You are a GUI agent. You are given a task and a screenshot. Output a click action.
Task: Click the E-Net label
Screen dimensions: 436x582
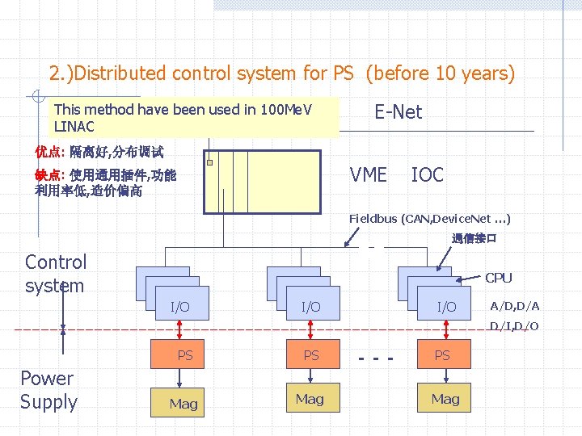click(398, 112)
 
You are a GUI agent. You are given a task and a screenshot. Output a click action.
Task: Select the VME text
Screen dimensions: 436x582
click(368, 174)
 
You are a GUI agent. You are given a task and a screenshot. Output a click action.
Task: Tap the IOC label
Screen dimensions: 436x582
click(427, 174)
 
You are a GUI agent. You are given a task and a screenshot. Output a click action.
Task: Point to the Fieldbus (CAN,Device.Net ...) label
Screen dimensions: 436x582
click(429, 219)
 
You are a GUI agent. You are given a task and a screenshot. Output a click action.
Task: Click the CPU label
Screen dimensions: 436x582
click(498, 278)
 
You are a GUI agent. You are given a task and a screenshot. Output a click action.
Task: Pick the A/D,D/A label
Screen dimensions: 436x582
click(515, 305)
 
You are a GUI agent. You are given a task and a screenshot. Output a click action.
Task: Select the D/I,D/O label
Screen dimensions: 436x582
click(515, 326)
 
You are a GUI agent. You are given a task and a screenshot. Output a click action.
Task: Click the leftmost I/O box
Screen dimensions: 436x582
click(179, 307)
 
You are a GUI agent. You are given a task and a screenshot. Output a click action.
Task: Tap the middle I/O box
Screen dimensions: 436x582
click(310, 307)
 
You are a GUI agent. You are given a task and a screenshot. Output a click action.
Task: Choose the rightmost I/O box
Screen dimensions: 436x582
click(446, 307)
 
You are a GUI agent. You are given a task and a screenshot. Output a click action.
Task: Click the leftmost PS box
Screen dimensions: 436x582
click(185, 355)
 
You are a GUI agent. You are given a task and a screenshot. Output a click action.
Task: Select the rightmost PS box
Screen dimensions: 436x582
click(442, 355)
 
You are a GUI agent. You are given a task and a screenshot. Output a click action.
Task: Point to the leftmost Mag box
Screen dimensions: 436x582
click(183, 403)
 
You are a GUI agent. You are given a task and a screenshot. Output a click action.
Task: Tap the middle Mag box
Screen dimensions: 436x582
click(310, 399)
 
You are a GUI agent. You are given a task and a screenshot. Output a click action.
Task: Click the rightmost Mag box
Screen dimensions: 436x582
click(445, 399)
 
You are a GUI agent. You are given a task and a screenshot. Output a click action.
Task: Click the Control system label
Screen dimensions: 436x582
click(55, 274)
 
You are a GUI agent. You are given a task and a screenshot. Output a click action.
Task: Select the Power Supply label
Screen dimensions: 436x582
click(48, 390)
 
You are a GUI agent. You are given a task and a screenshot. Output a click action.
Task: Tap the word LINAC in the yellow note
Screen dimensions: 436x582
click(74, 127)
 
